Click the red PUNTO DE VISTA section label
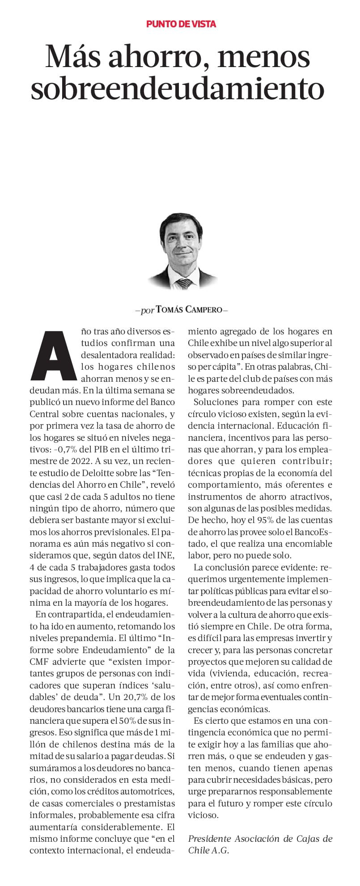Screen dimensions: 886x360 (181, 24)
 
